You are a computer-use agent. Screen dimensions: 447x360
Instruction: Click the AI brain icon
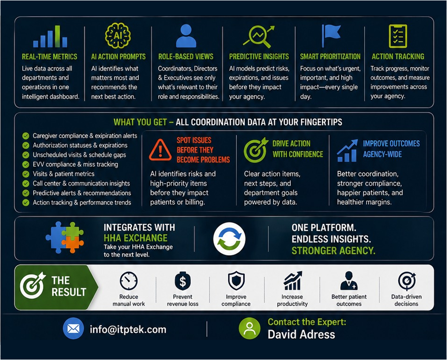coord(118,36)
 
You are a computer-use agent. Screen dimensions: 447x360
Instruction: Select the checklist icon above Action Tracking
coord(398,36)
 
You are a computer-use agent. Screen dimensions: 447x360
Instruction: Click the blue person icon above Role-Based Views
coord(186,36)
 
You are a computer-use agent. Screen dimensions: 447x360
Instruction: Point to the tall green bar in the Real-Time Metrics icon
coord(58,36)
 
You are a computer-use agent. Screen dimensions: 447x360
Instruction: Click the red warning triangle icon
coord(160,149)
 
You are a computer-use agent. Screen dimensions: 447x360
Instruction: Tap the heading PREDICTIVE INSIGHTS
coord(259,57)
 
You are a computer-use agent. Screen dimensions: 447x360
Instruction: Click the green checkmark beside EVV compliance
coord(26,164)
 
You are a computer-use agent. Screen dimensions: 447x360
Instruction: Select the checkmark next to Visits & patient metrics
coord(26,174)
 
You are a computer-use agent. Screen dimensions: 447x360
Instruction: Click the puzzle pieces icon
coord(65,238)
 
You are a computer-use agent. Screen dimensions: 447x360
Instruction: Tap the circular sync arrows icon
coord(229,238)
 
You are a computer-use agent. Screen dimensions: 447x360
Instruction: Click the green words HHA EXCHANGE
coord(136,238)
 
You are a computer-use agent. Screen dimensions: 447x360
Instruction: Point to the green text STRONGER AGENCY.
coord(333,251)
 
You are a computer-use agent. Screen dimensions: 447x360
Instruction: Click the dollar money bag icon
coord(182,281)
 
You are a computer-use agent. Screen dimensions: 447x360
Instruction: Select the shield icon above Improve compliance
coord(236,281)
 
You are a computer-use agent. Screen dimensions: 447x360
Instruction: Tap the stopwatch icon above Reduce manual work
coord(129,281)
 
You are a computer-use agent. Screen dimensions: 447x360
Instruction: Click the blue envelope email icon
coord(73,328)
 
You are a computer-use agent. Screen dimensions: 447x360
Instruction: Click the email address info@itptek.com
coord(128,329)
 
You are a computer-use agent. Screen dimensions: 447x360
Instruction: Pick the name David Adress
coord(301,334)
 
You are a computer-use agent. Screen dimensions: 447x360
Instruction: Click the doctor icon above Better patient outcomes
coord(349,281)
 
